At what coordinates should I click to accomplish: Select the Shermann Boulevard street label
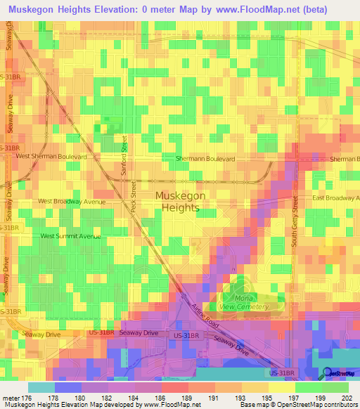point(205,160)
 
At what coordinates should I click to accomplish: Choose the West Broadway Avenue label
point(72,201)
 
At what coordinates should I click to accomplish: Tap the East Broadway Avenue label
point(336,198)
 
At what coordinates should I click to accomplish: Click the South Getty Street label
point(295,222)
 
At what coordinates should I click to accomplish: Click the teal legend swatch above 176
point(41,387)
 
